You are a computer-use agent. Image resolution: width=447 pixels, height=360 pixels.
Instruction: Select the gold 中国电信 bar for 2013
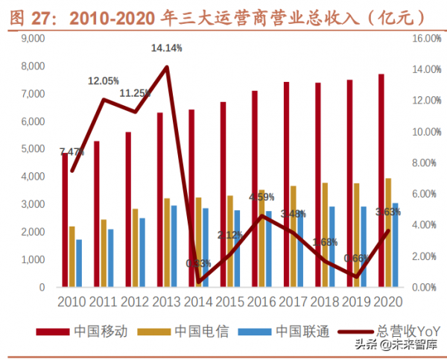pos(167,242)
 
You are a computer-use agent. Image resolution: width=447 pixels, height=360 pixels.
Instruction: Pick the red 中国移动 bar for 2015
pos(223,195)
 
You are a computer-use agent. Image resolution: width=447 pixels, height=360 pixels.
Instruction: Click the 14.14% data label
pos(166,48)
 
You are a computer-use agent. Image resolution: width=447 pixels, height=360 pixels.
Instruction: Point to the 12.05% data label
pos(104,80)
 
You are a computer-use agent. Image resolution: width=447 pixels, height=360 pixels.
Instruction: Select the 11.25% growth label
pos(135,93)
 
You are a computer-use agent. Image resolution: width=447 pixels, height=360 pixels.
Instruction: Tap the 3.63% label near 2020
pos(388,212)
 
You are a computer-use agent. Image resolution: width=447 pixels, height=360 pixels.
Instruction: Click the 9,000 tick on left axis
pos(32,39)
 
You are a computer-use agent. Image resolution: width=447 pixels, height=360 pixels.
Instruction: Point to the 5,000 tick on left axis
pos(32,149)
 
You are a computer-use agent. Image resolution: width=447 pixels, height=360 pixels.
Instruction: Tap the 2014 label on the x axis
pos(198,302)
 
